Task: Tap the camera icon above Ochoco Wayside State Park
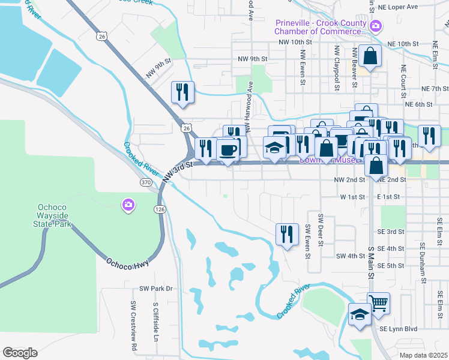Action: [128, 205]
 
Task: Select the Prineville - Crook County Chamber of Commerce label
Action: [320, 27]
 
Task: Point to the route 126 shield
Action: [159, 209]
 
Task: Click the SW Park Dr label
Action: [156, 289]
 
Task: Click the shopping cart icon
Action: [378, 304]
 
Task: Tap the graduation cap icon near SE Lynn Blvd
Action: [360, 314]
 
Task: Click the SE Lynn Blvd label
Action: [397, 329]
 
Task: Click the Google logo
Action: [20, 353]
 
